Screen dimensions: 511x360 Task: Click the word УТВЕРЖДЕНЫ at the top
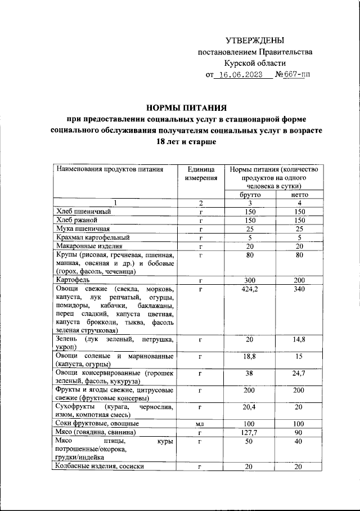click(254, 41)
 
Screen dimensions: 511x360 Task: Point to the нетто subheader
click(299, 194)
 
